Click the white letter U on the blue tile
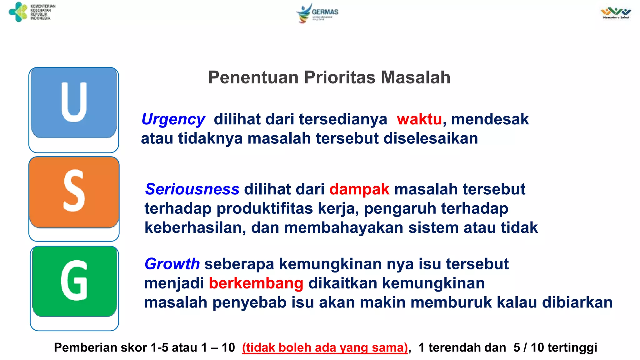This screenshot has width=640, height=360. (74, 102)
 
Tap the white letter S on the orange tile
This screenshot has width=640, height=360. (74, 191)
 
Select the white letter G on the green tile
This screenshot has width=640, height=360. (74, 280)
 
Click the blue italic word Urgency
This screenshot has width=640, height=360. (173, 120)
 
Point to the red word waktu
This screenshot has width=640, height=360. (419, 119)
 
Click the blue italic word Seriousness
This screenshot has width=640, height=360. (192, 189)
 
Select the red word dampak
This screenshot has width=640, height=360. (359, 189)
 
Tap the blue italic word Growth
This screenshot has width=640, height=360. (172, 264)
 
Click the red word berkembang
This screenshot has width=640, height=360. (256, 283)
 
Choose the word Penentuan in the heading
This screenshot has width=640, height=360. (253, 77)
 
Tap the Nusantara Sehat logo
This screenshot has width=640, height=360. (616, 13)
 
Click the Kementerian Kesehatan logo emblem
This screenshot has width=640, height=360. (18, 12)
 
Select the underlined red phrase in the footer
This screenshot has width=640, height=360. (325, 347)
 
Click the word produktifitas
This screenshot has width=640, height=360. (264, 209)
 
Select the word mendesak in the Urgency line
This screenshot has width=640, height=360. (490, 119)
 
